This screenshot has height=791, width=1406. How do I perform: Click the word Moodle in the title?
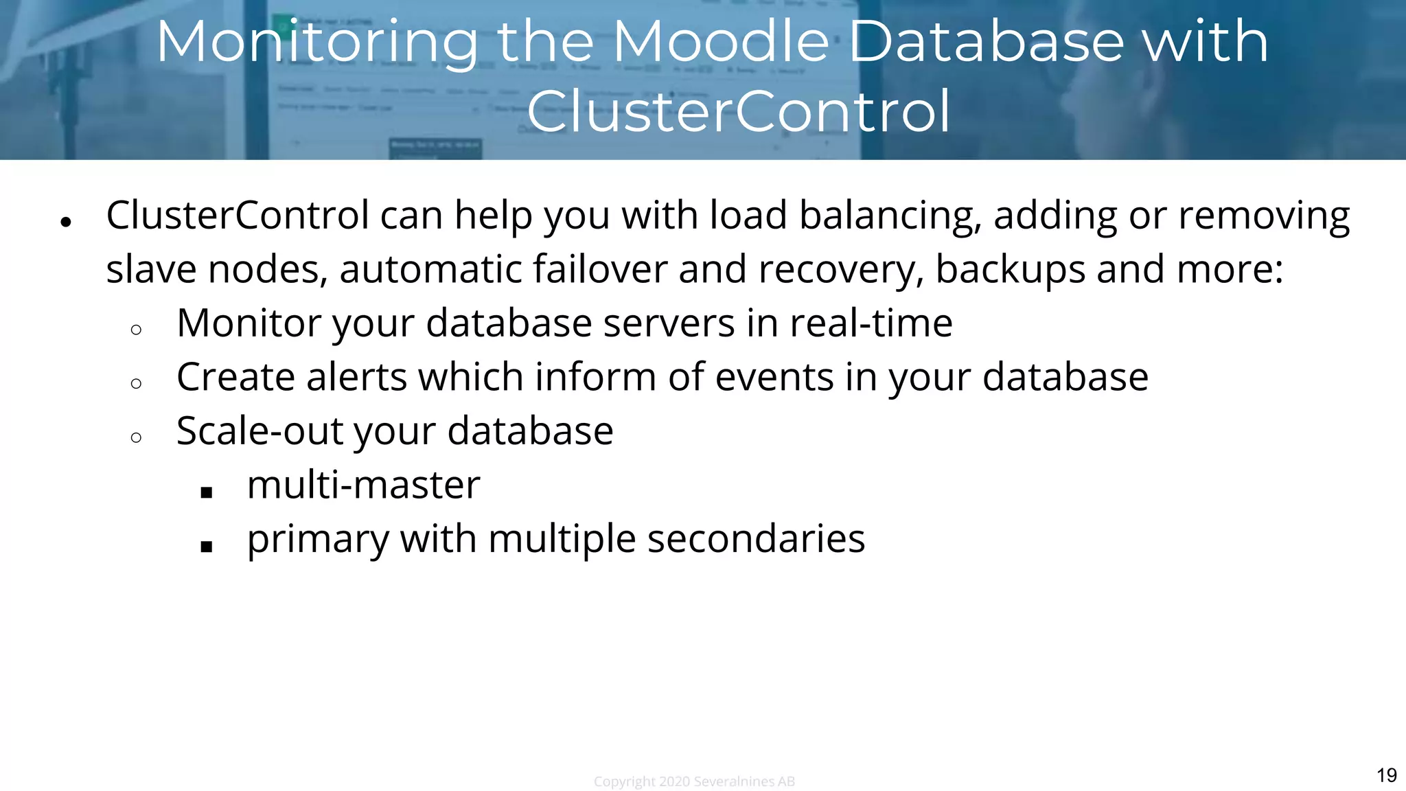click(721, 43)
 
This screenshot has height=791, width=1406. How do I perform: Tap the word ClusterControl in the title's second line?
click(739, 112)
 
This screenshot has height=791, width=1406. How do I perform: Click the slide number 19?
click(1386, 775)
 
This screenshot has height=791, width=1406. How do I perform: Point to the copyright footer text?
click(694, 781)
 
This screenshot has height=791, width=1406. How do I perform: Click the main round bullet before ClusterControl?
click(66, 222)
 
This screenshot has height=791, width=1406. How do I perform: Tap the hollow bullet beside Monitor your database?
click(136, 330)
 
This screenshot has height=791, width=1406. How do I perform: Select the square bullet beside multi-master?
click(207, 492)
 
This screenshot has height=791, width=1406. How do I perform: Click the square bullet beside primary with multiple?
click(207, 546)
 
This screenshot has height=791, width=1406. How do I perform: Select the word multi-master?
click(363, 485)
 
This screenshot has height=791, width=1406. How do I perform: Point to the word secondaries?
click(756, 539)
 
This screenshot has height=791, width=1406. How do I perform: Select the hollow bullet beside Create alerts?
click(136, 383)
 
